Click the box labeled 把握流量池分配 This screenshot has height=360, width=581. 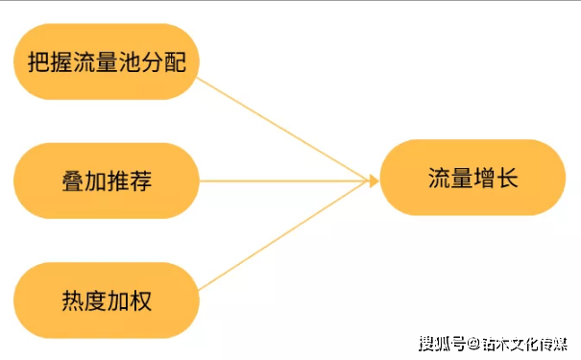coord(106,62)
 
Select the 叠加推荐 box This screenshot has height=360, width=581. coord(106,180)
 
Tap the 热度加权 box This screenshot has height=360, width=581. coord(106,300)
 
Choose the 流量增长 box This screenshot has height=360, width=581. coord(472,178)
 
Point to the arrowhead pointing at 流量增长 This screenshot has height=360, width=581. coord(373,180)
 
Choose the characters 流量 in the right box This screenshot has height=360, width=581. coord(448,179)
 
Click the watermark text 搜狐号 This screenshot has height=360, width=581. coord(441,343)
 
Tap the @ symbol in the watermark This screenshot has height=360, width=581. coord(472,343)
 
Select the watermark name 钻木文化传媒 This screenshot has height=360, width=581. coord(523,343)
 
